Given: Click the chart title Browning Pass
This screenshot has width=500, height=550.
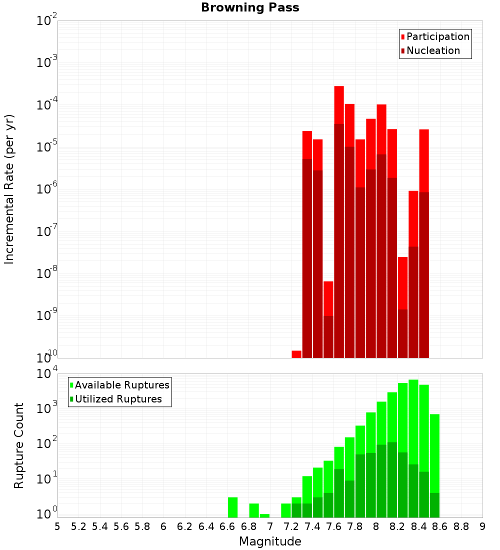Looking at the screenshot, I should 250,7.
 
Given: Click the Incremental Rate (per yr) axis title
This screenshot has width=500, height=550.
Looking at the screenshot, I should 9,189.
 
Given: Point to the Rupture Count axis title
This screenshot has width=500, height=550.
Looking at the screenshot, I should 19,445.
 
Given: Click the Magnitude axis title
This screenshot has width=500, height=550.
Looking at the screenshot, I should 270,541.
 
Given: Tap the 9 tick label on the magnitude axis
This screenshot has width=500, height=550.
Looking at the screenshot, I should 482,526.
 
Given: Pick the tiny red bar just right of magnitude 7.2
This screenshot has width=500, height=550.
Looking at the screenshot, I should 296,354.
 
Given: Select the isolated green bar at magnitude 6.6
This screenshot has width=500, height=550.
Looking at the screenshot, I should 232,507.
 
